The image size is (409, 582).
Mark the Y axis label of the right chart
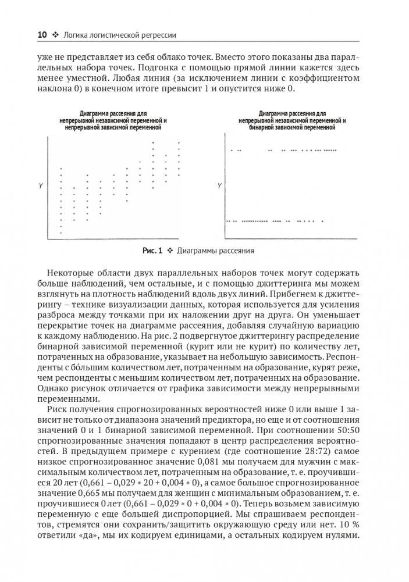click(x=219, y=185)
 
